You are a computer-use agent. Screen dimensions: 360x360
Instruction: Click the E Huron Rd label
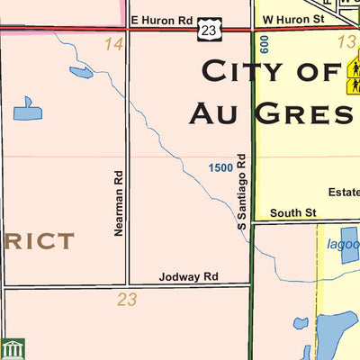click(161, 18)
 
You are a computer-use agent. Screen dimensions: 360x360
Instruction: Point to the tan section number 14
click(112, 44)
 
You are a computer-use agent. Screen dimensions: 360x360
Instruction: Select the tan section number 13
click(346, 42)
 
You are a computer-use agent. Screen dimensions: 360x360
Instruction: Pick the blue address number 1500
click(220, 167)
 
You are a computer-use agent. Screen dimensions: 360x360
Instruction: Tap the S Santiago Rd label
click(242, 190)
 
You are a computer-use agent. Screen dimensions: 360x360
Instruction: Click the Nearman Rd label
click(118, 203)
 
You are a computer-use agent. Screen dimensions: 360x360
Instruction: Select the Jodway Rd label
click(188, 276)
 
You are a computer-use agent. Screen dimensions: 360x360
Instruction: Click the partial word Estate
click(344, 192)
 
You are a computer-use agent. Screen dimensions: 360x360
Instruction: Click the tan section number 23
click(127, 300)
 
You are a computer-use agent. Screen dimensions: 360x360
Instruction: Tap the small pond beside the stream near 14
click(80, 72)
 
